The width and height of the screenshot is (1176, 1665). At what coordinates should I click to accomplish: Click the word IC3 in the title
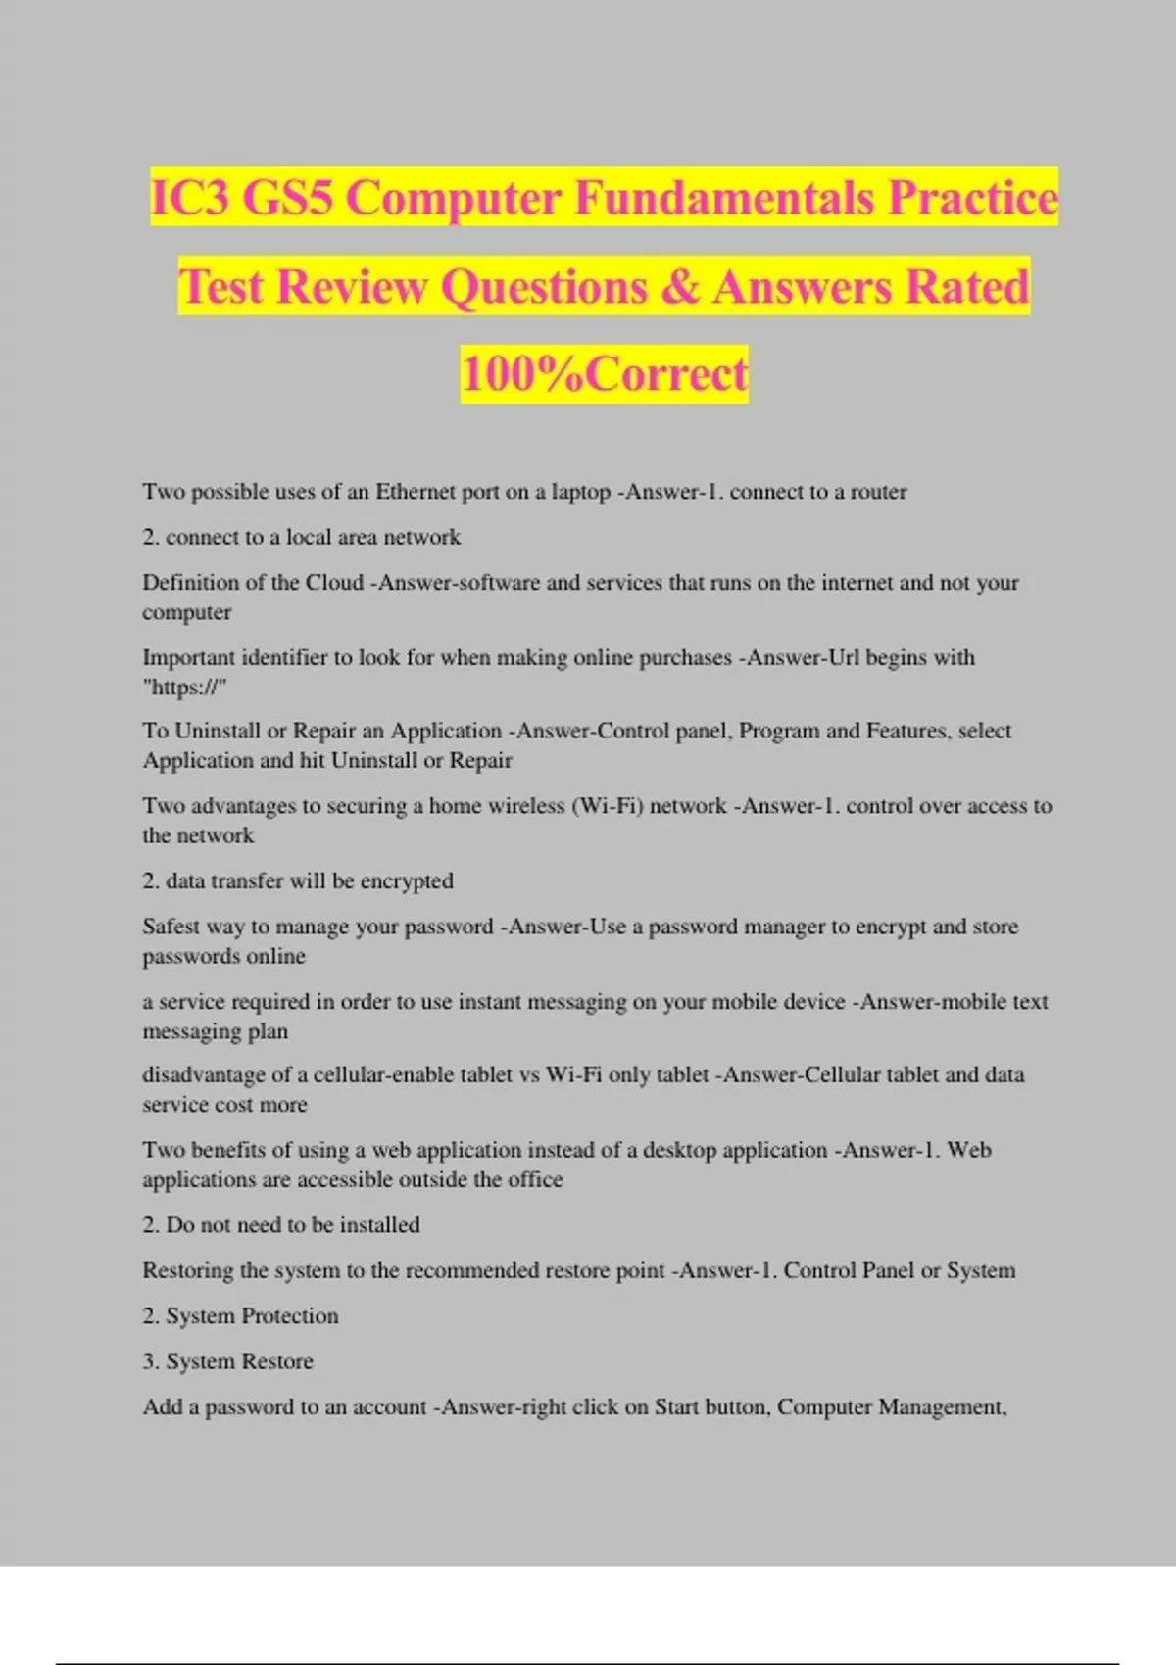[x=190, y=198]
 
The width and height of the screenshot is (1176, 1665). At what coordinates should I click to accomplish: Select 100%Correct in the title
[x=604, y=374]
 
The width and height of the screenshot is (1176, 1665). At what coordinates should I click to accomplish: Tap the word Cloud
[x=334, y=583]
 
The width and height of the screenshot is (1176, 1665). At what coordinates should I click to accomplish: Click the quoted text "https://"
[x=184, y=688]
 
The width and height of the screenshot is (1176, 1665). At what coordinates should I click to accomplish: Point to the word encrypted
[x=407, y=881]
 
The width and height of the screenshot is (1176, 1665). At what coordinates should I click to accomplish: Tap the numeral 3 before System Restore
[x=149, y=1361]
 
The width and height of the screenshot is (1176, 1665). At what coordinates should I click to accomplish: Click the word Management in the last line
[x=941, y=1407]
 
